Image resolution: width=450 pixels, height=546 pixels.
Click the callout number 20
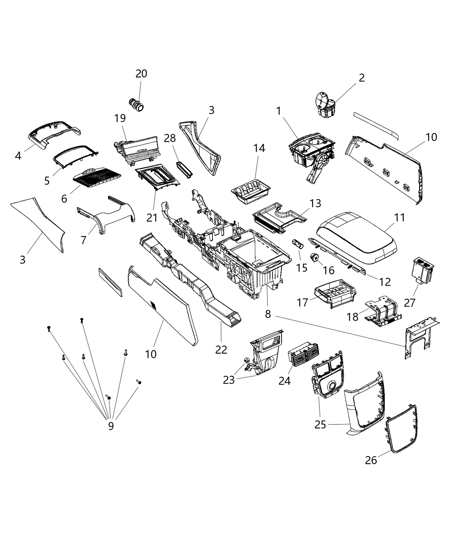141,74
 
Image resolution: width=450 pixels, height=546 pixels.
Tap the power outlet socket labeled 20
137,104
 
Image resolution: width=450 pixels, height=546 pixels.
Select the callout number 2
362,78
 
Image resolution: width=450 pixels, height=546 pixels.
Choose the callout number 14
259,148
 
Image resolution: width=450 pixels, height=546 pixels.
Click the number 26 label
371,460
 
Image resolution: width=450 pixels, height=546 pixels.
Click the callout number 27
410,302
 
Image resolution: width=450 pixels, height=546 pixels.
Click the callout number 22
221,349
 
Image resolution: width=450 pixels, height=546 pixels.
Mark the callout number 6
64,199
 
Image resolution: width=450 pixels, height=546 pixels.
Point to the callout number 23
229,379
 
